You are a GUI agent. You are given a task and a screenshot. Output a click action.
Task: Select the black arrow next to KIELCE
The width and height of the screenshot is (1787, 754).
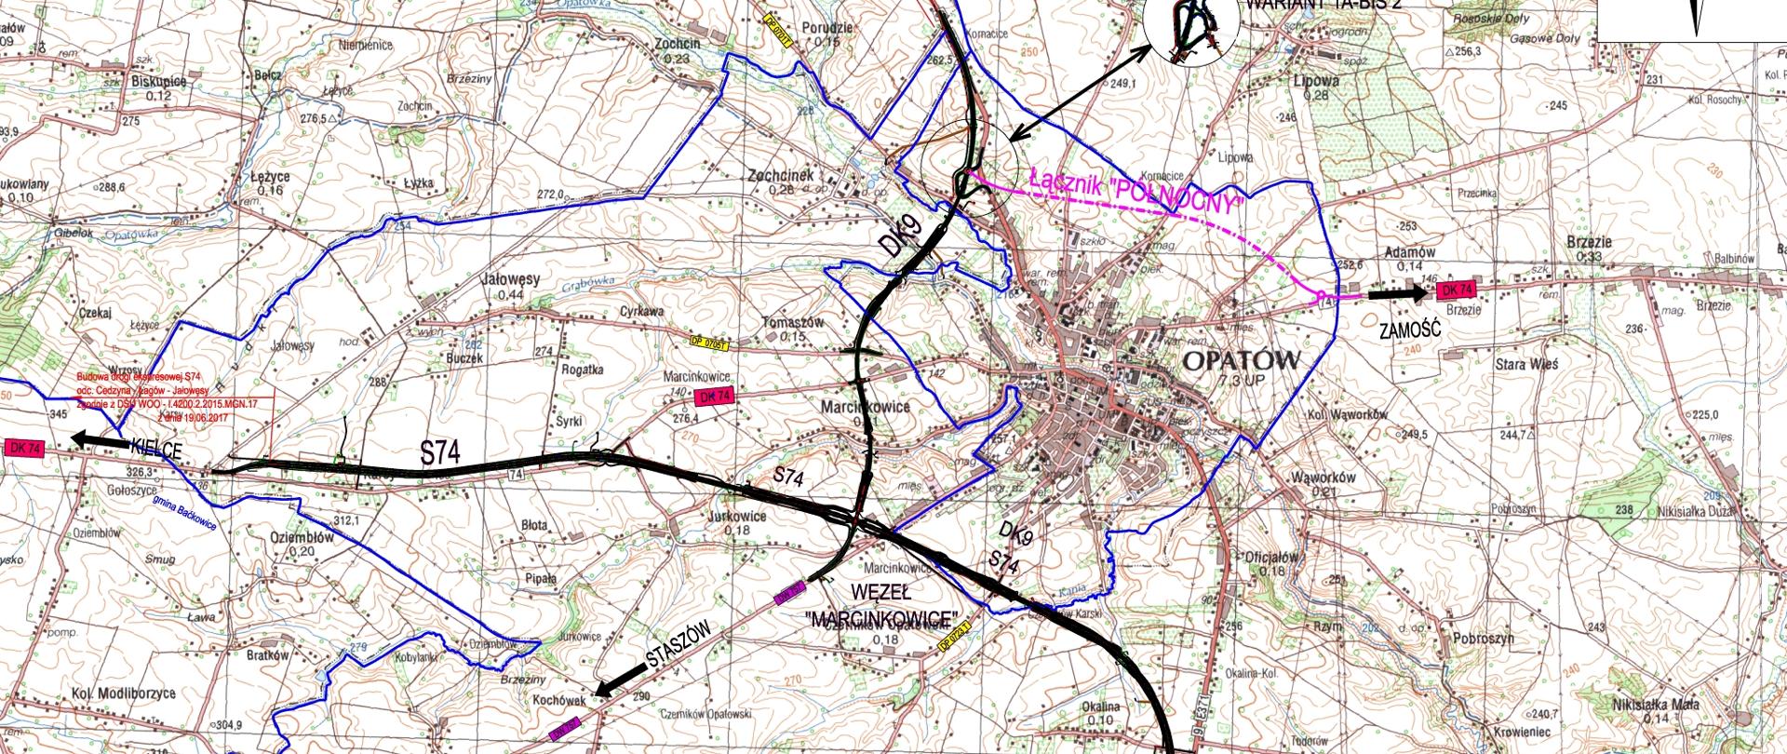tap(101, 440)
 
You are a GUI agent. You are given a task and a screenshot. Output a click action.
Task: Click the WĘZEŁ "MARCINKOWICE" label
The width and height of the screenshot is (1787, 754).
tap(880, 606)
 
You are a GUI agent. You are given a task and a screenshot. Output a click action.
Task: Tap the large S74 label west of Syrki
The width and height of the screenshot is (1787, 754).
tap(440, 453)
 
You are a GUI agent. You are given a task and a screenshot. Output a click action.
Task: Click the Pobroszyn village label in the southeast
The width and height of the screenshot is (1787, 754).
tap(1483, 639)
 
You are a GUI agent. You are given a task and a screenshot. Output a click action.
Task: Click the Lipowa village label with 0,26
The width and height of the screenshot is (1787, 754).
tap(1315, 82)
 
